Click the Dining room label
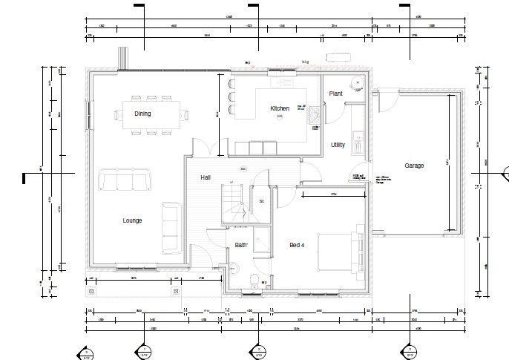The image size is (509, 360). point(142,114)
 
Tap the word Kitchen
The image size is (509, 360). point(279,109)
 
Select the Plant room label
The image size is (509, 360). point(335,94)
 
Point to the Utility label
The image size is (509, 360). point(338,145)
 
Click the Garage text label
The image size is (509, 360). point(414,166)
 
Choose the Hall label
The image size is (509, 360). point(206,178)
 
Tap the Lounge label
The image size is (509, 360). point(132,220)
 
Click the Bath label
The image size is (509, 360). point(241,245)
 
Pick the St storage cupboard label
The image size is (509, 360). point(261,200)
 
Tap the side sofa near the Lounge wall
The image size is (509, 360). point(170,228)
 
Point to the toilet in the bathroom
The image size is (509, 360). point(254,281)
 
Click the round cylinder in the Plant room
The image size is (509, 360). point(357,85)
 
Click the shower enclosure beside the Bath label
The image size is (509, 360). point(261,238)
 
